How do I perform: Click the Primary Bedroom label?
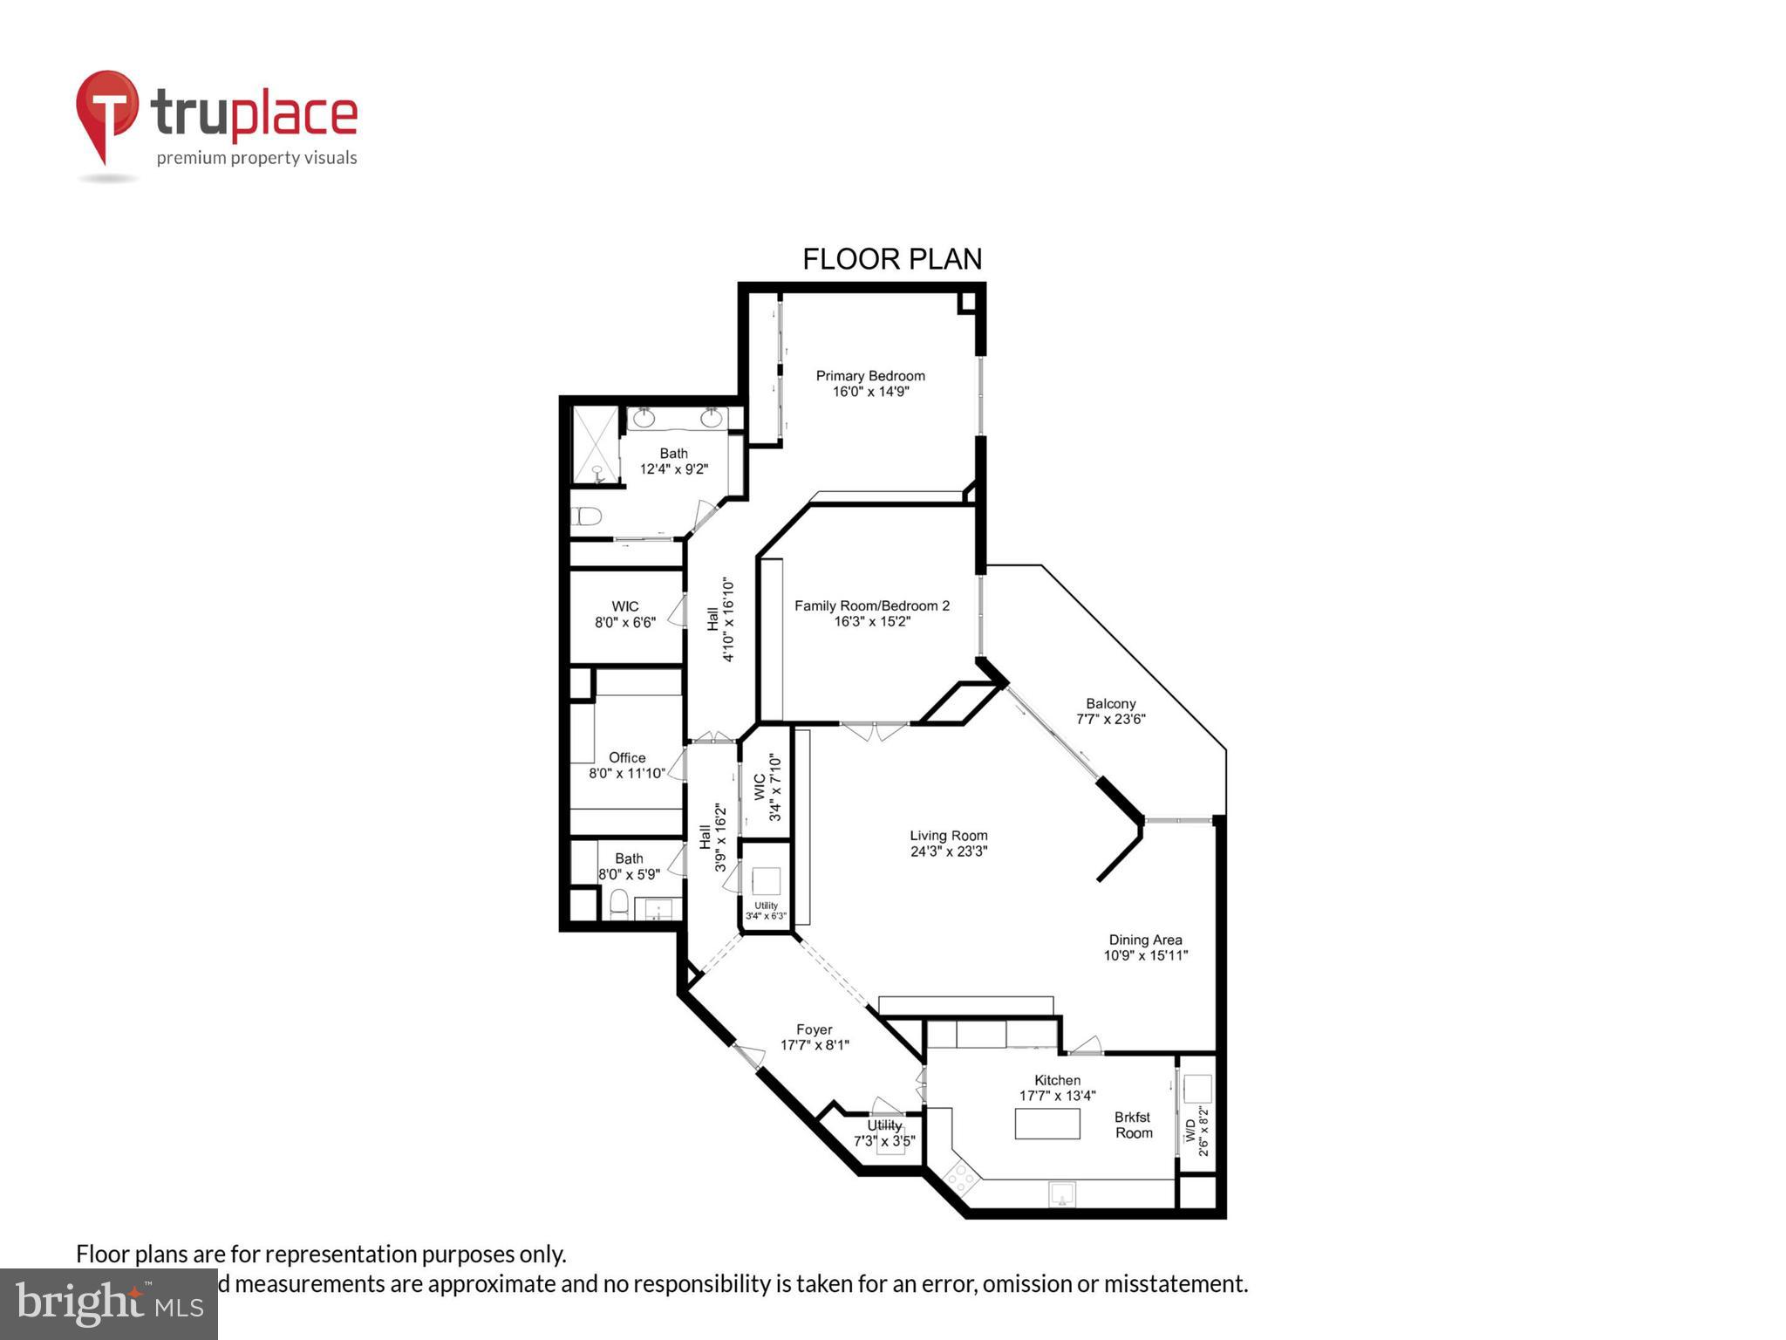(869, 376)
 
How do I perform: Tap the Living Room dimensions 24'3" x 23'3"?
(948, 851)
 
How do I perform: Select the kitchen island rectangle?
(1046, 1123)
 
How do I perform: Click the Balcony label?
(1110, 704)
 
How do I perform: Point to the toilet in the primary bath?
(586, 516)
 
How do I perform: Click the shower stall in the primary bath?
(594, 444)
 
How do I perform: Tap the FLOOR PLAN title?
(891, 259)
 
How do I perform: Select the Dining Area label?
(1145, 940)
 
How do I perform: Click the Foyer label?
(814, 1029)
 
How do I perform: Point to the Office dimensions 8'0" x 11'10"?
(627, 773)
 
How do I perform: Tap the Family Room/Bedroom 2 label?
(871, 605)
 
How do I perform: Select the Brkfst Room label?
(1133, 1125)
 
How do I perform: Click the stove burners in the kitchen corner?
(961, 1179)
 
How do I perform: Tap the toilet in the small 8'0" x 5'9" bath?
(618, 903)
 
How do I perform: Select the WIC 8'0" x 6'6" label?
(624, 606)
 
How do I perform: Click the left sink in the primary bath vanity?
(644, 419)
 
